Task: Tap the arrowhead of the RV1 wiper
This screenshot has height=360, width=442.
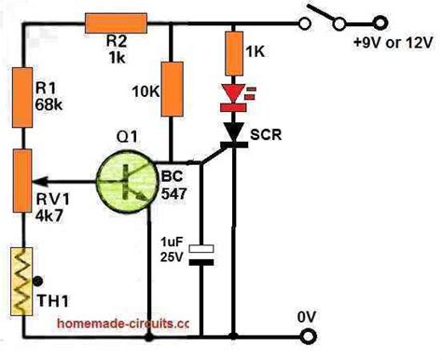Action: pyautogui.click(x=44, y=184)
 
